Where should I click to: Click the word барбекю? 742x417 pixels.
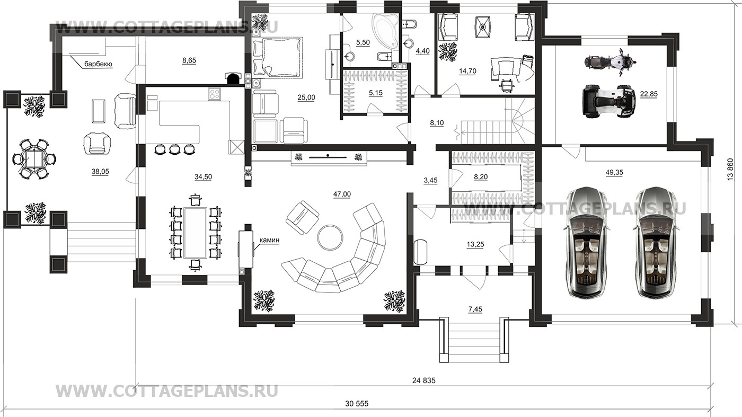coord(98,64)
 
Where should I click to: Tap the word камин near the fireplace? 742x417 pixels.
coord(269,241)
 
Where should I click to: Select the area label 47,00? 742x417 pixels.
coord(342,194)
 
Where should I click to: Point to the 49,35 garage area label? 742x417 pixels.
coord(614,172)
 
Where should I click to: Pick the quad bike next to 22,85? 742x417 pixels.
coord(609,101)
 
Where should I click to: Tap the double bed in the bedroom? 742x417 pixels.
coord(278,58)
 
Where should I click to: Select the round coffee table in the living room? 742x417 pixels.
coord(330,237)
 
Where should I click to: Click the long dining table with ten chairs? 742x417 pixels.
coord(196,232)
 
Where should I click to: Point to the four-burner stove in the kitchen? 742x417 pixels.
coord(215,94)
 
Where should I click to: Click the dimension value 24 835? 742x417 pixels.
coord(423,380)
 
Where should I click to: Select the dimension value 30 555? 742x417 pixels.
coord(357,404)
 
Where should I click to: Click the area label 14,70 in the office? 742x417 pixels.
coord(467,71)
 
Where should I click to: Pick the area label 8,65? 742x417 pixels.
coord(189,60)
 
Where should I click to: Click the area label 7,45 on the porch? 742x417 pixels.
coord(475,309)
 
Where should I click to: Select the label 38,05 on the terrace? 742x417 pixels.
coord(100,172)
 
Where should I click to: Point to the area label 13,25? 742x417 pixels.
coord(475,244)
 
